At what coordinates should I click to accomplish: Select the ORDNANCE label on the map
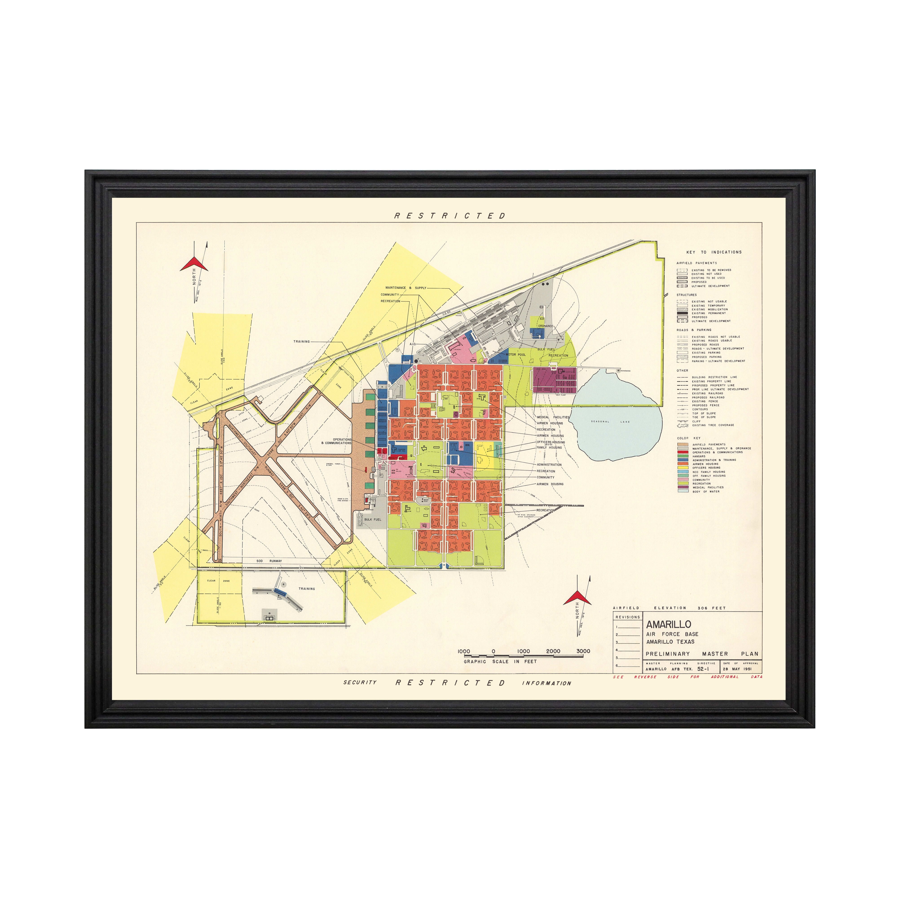point(546,326)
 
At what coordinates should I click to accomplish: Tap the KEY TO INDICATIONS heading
point(714,252)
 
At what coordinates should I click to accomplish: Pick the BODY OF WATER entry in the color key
point(706,491)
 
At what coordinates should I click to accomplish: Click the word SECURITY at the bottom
point(360,682)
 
